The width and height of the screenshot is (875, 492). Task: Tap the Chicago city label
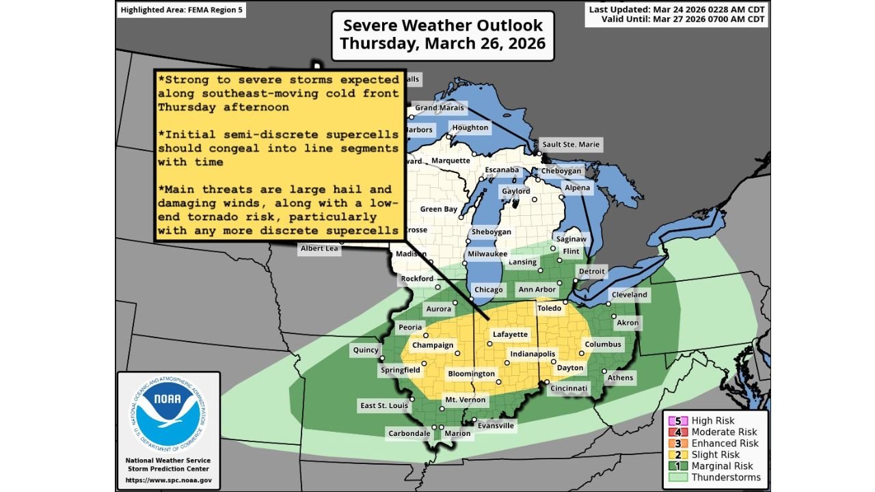click(x=488, y=290)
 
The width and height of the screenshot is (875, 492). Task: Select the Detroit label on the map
click(x=592, y=271)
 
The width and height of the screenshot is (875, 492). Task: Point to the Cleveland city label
click(x=629, y=295)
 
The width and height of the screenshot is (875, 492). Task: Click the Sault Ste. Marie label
click(x=571, y=144)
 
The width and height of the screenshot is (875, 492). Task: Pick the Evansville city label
click(x=496, y=426)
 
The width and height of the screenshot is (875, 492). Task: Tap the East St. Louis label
click(x=384, y=406)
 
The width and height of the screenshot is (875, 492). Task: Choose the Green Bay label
click(x=438, y=209)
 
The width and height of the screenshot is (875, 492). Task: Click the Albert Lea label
click(x=319, y=249)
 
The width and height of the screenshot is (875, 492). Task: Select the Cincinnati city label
click(x=568, y=389)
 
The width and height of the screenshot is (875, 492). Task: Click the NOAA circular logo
click(x=167, y=414)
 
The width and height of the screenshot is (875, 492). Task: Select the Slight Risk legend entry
click(x=715, y=454)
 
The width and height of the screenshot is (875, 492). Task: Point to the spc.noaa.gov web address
click(x=168, y=480)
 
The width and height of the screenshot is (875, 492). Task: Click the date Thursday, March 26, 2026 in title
click(x=442, y=44)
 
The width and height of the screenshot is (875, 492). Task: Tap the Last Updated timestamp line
click(x=677, y=9)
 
